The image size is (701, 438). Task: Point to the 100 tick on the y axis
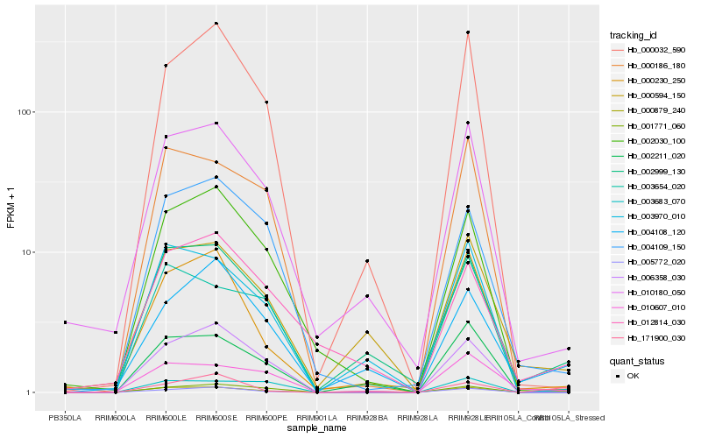pos(24,112)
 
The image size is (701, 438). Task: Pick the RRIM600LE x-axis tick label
pos(165,417)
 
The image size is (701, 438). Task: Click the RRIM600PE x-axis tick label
pos(266,417)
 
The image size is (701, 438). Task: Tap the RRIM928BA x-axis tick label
pos(367,417)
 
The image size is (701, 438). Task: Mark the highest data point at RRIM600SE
pos(216,23)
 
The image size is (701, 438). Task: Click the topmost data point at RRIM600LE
pos(165,66)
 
